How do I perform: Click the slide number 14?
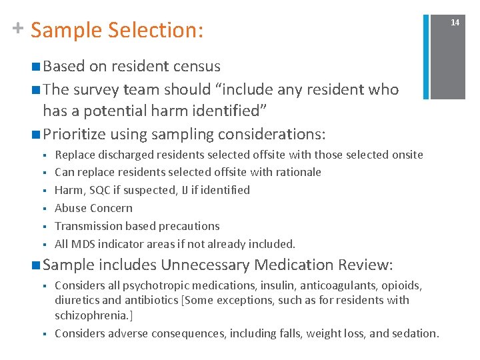tap(455, 23)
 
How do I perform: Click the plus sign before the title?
tap(18, 28)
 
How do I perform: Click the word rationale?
tap(296, 172)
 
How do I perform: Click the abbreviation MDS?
tap(84, 244)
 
